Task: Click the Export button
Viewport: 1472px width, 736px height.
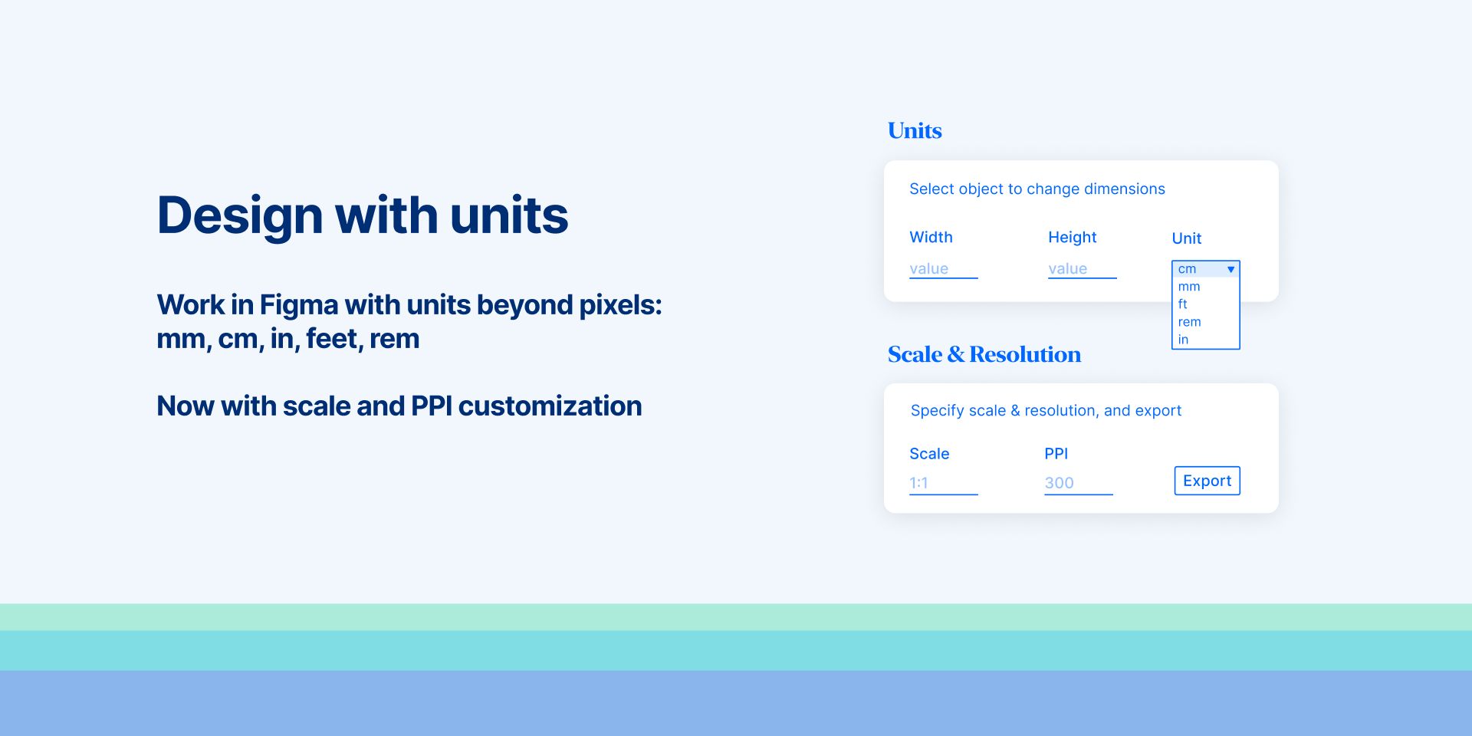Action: click(x=1207, y=481)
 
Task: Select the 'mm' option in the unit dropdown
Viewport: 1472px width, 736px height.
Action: click(x=1189, y=287)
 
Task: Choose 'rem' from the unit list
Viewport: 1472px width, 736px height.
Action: click(x=1190, y=322)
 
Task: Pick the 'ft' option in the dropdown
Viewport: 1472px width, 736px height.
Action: click(x=1183, y=304)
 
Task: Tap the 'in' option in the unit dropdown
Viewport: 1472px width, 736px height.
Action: click(x=1183, y=340)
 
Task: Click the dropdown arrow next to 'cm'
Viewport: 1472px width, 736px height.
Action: click(x=1230, y=269)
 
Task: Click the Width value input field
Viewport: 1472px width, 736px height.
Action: click(x=943, y=269)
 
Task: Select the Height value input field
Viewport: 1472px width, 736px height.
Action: click(x=1082, y=269)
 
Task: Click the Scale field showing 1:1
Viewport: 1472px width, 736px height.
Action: click(x=943, y=483)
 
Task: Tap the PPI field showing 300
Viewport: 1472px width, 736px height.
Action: click(x=1078, y=483)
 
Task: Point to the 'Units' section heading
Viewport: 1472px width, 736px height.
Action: click(x=915, y=130)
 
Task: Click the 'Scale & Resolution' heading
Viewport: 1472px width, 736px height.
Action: click(x=984, y=354)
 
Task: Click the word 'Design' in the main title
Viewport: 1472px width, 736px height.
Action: click(x=240, y=216)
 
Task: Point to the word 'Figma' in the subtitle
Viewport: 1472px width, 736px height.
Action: click(x=299, y=305)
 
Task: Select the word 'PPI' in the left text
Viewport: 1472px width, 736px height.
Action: click(x=432, y=406)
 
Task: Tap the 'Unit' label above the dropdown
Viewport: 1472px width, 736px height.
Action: click(x=1186, y=238)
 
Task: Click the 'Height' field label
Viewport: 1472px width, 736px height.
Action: click(x=1072, y=238)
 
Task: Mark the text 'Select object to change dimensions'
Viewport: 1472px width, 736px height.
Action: click(x=1037, y=189)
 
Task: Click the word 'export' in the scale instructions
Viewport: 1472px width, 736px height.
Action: click(x=1158, y=411)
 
